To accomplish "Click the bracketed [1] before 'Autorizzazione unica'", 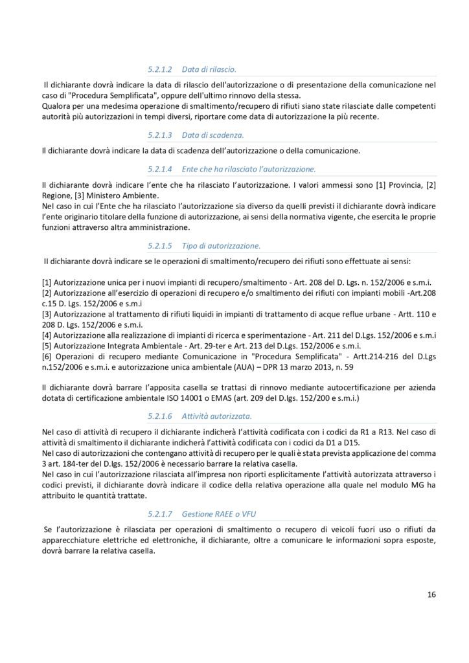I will point(46,283).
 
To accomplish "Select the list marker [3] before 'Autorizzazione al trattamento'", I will point(46,313).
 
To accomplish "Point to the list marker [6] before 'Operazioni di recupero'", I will point(46,357).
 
